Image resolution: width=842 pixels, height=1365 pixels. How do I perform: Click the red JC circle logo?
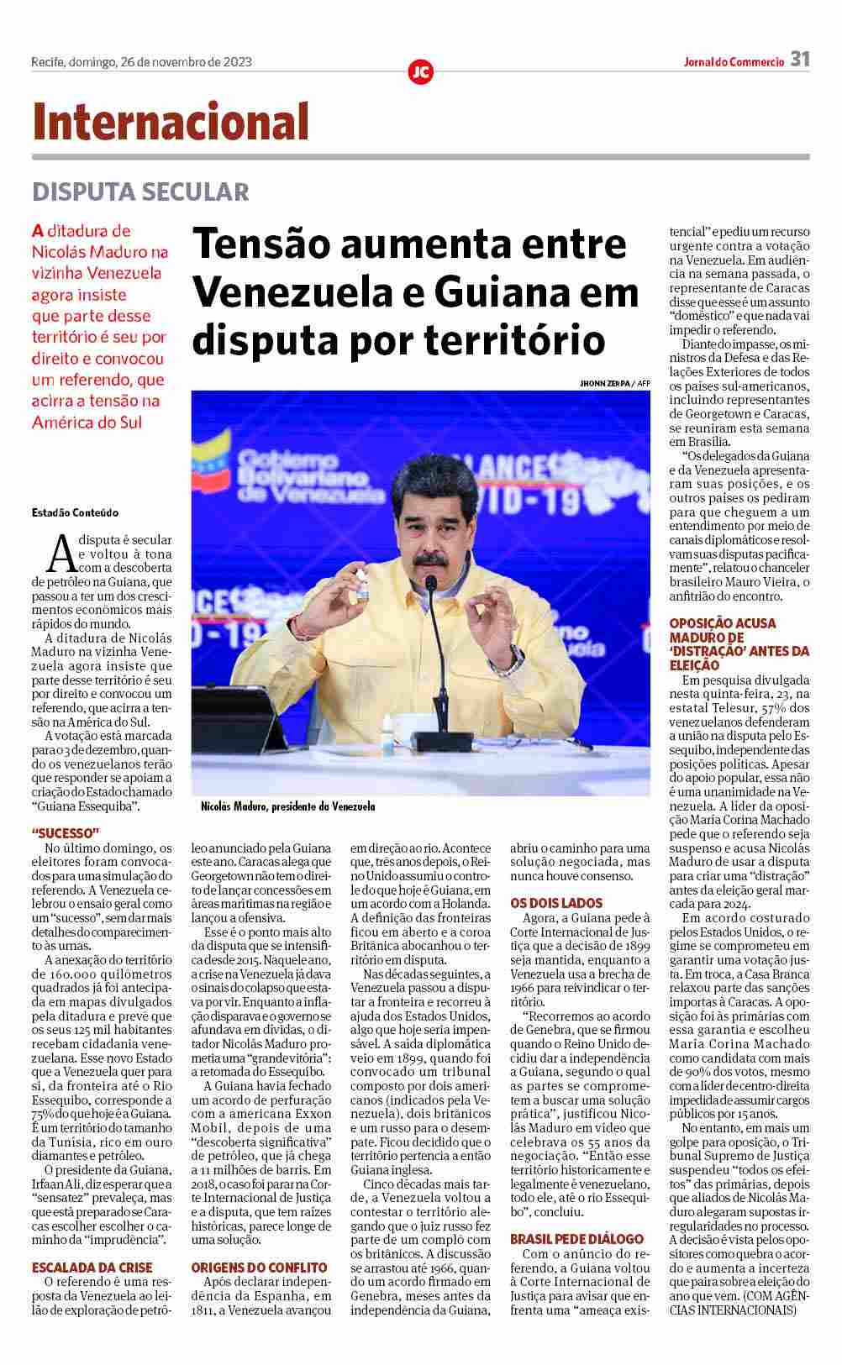[x=420, y=72]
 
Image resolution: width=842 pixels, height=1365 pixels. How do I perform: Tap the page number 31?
[x=799, y=60]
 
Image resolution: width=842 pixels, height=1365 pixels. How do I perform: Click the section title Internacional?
[x=171, y=121]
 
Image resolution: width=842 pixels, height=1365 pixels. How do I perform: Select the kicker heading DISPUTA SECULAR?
[x=140, y=192]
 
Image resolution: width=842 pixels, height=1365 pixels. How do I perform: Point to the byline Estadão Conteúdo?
[x=75, y=512]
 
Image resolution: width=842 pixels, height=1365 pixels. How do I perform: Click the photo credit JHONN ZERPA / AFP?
[x=614, y=383]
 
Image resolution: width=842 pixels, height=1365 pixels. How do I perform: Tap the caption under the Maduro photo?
[x=287, y=806]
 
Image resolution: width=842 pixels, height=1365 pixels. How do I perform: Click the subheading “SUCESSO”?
[x=66, y=833]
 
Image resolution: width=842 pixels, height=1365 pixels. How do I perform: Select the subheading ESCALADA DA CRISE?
[x=92, y=1267]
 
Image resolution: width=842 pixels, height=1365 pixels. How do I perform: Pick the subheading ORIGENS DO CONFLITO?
[x=259, y=1267]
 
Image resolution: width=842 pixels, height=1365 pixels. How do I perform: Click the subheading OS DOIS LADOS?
[x=556, y=903]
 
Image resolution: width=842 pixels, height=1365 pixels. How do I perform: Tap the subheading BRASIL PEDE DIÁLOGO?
[x=576, y=1239]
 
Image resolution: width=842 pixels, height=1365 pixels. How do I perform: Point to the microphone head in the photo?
[x=431, y=582]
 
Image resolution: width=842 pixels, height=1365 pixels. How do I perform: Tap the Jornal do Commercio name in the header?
[x=733, y=61]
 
